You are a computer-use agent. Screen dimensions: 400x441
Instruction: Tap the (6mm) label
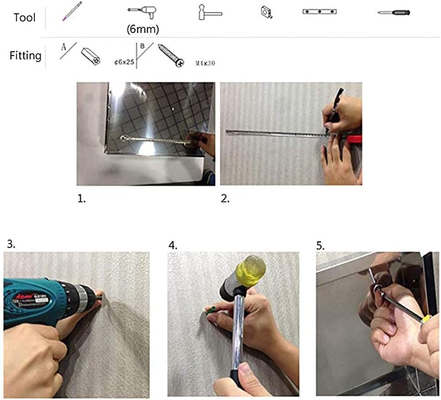(x=143, y=29)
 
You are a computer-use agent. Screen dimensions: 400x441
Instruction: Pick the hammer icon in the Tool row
(x=209, y=12)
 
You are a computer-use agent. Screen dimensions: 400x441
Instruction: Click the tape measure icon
(x=266, y=12)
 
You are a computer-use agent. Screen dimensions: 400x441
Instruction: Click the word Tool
(x=25, y=18)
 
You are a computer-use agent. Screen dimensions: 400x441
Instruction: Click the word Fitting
(x=25, y=56)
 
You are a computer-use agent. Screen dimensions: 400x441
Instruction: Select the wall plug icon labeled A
(x=90, y=57)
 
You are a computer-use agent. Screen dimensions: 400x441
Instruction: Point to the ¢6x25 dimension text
(x=124, y=63)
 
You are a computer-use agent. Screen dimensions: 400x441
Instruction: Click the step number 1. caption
(x=81, y=199)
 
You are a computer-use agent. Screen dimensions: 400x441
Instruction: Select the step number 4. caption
(x=173, y=245)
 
